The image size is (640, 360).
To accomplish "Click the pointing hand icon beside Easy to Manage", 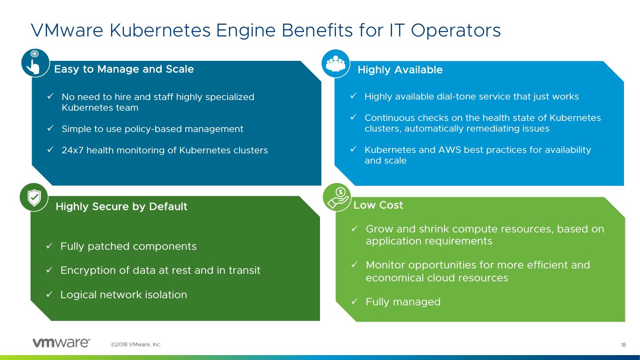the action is coord(35,63).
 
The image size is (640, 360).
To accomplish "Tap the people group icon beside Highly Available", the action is coord(336,64).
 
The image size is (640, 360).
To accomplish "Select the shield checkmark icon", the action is coord(34,197).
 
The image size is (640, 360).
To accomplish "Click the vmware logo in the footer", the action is coord(61,343).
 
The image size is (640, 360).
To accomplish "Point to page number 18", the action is coord(623,345).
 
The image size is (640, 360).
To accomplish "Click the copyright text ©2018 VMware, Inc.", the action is coord(136,344).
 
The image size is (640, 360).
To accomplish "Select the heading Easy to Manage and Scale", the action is coord(124,69).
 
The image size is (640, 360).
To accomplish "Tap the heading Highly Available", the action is coord(400,70).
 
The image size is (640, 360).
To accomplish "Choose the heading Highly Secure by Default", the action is coord(121,207).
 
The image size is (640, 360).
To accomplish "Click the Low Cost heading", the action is coord(378,205).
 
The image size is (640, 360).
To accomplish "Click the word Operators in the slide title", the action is coord(456,30).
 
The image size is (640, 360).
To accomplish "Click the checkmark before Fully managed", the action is coord(355,302).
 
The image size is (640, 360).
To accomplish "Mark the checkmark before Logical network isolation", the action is coord(50,294).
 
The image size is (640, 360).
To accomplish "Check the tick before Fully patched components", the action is coord(50,246).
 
